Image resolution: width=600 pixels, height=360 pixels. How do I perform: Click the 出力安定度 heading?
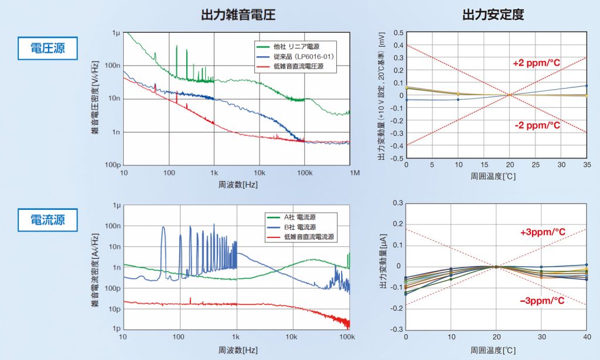point(493,14)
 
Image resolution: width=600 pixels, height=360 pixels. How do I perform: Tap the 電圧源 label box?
point(47,48)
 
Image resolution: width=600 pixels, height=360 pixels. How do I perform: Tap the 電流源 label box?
point(47,220)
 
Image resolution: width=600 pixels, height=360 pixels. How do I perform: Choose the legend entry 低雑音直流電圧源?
point(298,67)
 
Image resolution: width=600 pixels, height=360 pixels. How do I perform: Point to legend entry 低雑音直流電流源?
point(308,237)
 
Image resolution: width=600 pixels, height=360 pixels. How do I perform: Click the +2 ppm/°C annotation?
point(537,63)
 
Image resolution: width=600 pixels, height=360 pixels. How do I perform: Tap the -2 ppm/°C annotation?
point(537,125)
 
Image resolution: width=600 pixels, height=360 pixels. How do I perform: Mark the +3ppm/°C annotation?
point(543,232)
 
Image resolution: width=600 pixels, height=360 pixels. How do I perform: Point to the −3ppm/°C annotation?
point(542,301)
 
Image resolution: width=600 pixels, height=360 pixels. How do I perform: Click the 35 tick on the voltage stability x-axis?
point(586,165)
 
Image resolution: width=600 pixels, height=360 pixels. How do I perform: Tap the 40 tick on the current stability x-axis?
point(586,337)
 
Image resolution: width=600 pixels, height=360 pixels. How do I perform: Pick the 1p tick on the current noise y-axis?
point(116,329)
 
